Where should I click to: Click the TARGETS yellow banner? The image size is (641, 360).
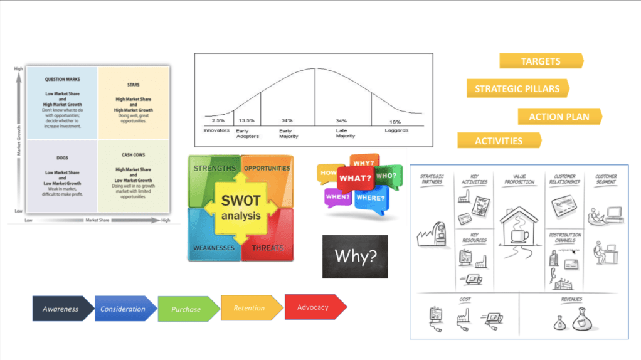click(x=541, y=61)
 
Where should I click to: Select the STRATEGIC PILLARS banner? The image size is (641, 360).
click(x=517, y=88)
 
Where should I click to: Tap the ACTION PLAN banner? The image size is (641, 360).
click(x=559, y=117)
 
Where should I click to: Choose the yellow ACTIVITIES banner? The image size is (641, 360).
click(x=499, y=140)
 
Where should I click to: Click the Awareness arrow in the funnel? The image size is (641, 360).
click(x=61, y=309)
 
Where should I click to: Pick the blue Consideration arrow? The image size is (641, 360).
click(x=123, y=309)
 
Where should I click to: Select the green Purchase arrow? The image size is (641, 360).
click(x=186, y=309)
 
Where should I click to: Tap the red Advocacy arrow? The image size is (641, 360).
click(x=313, y=307)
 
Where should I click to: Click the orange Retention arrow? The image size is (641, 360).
click(x=249, y=308)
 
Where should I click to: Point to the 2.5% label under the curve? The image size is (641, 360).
click(x=218, y=120)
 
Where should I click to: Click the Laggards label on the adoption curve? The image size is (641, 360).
click(x=396, y=130)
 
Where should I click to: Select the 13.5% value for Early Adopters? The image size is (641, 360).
click(x=246, y=120)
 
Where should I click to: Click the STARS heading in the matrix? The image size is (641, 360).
click(x=133, y=85)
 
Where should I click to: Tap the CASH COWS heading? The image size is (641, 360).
click(x=133, y=155)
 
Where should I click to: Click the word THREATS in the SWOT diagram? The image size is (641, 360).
click(x=268, y=248)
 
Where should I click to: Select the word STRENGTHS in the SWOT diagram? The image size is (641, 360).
click(x=215, y=168)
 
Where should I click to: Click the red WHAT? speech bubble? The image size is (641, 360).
click(x=355, y=178)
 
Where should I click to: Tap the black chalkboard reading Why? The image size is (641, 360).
click(x=355, y=257)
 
